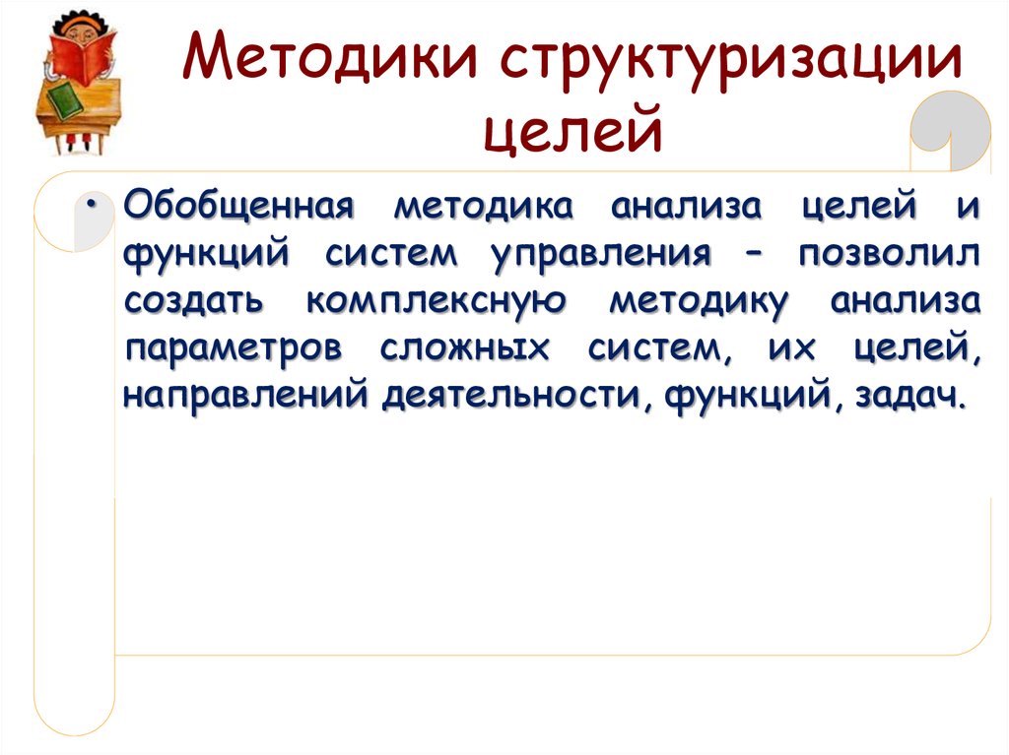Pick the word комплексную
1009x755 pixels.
(x=436, y=302)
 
